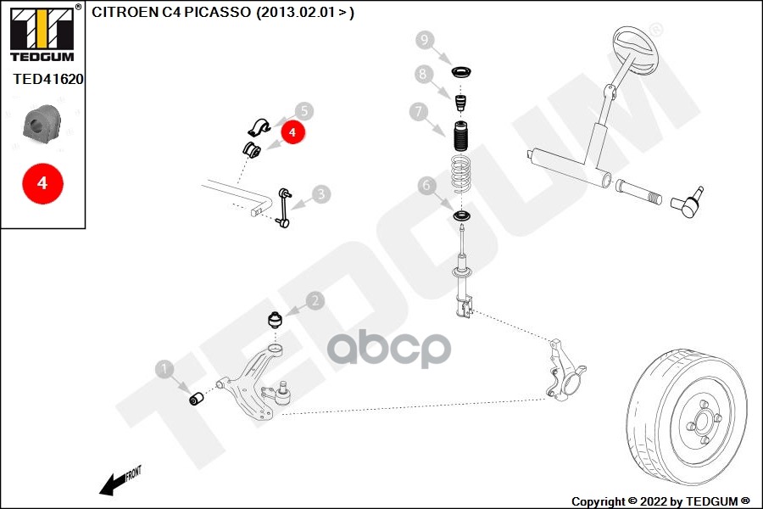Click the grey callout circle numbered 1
pyautogui.click(x=164, y=369)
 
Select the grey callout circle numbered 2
pyautogui.click(x=315, y=301)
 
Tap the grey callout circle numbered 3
pyautogui.click(x=320, y=194)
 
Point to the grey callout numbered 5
pyautogui.click(x=304, y=111)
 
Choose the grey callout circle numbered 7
pyautogui.click(x=417, y=111)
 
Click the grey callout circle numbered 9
pyautogui.click(x=425, y=39)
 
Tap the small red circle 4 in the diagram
pyautogui.click(x=292, y=132)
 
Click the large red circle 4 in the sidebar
pyautogui.click(x=43, y=182)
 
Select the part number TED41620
pyautogui.click(x=47, y=79)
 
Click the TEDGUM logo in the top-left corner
pyautogui.click(x=42, y=34)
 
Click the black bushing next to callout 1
pyautogui.click(x=197, y=397)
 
